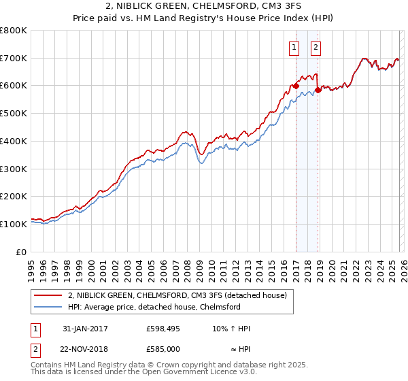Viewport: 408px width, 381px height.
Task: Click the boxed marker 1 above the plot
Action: [294, 48]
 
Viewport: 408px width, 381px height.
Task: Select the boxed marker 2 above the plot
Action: [317, 48]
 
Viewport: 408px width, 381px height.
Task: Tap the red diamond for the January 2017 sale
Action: [296, 86]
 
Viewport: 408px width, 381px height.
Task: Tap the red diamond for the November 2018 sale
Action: [318, 90]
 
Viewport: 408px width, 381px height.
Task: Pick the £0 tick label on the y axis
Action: [22, 252]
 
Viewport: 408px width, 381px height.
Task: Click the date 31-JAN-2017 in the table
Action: [83, 329]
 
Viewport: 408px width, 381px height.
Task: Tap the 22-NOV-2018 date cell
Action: [84, 348]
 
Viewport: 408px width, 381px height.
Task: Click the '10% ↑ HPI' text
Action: [231, 329]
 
